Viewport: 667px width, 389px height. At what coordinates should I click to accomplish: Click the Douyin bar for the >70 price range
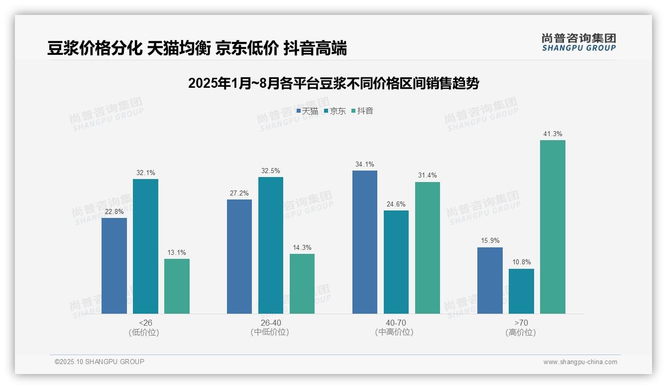pyautogui.click(x=553, y=227)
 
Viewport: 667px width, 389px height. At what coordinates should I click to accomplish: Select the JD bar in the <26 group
pyautogui.click(x=145, y=246)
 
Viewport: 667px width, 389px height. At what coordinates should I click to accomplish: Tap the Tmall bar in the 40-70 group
pyautogui.click(x=364, y=242)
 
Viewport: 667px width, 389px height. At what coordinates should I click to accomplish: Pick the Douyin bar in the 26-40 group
pyautogui.click(x=302, y=284)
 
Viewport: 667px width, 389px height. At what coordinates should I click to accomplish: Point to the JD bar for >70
pyautogui.click(x=521, y=291)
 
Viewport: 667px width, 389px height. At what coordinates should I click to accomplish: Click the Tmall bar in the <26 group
pyautogui.click(x=114, y=266)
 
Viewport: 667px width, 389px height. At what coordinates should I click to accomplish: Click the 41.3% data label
pyautogui.click(x=553, y=134)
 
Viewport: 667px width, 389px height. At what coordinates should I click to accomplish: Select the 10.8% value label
pyautogui.click(x=521, y=262)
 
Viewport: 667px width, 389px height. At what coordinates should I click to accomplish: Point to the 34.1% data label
pyautogui.click(x=364, y=165)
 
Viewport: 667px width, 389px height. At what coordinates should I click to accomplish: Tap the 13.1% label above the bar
pyautogui.click(x=177, y=252)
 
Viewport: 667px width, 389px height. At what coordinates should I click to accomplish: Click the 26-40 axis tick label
pyautogui.click(x=270, y=323)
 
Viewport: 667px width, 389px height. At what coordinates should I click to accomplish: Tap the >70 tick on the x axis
pyautogui.click(x=521, y=323)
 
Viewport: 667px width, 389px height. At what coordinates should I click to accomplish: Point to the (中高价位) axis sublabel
pyautogui.click(x=394, y=332)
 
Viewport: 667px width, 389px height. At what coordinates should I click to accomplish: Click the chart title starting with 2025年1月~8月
pyautogui.click(x=333, y=83)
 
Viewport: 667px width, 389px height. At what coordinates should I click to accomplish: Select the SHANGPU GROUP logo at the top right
pyautogui.click(x=578, y=42)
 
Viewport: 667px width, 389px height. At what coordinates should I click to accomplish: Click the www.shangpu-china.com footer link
pyautogui.click(x=580, y=362)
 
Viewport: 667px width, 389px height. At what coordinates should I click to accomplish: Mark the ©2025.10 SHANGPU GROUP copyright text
pyautogui.click(x=100, y=362)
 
